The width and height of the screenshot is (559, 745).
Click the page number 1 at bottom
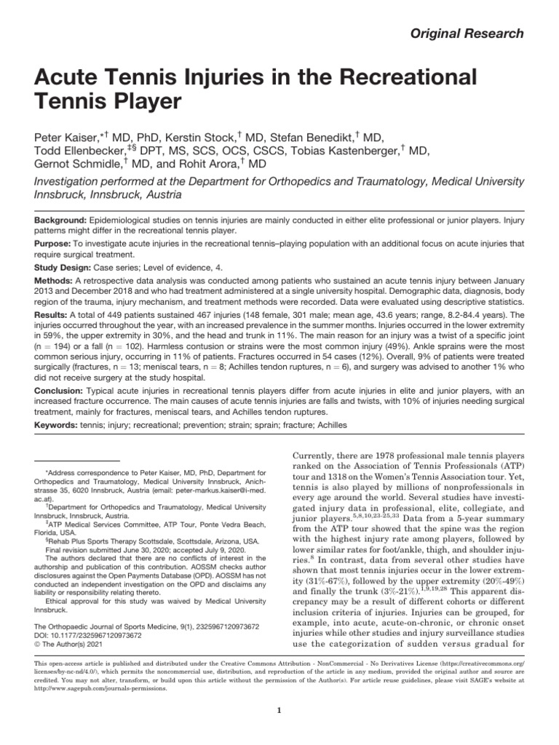click(x=279, y=711)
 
